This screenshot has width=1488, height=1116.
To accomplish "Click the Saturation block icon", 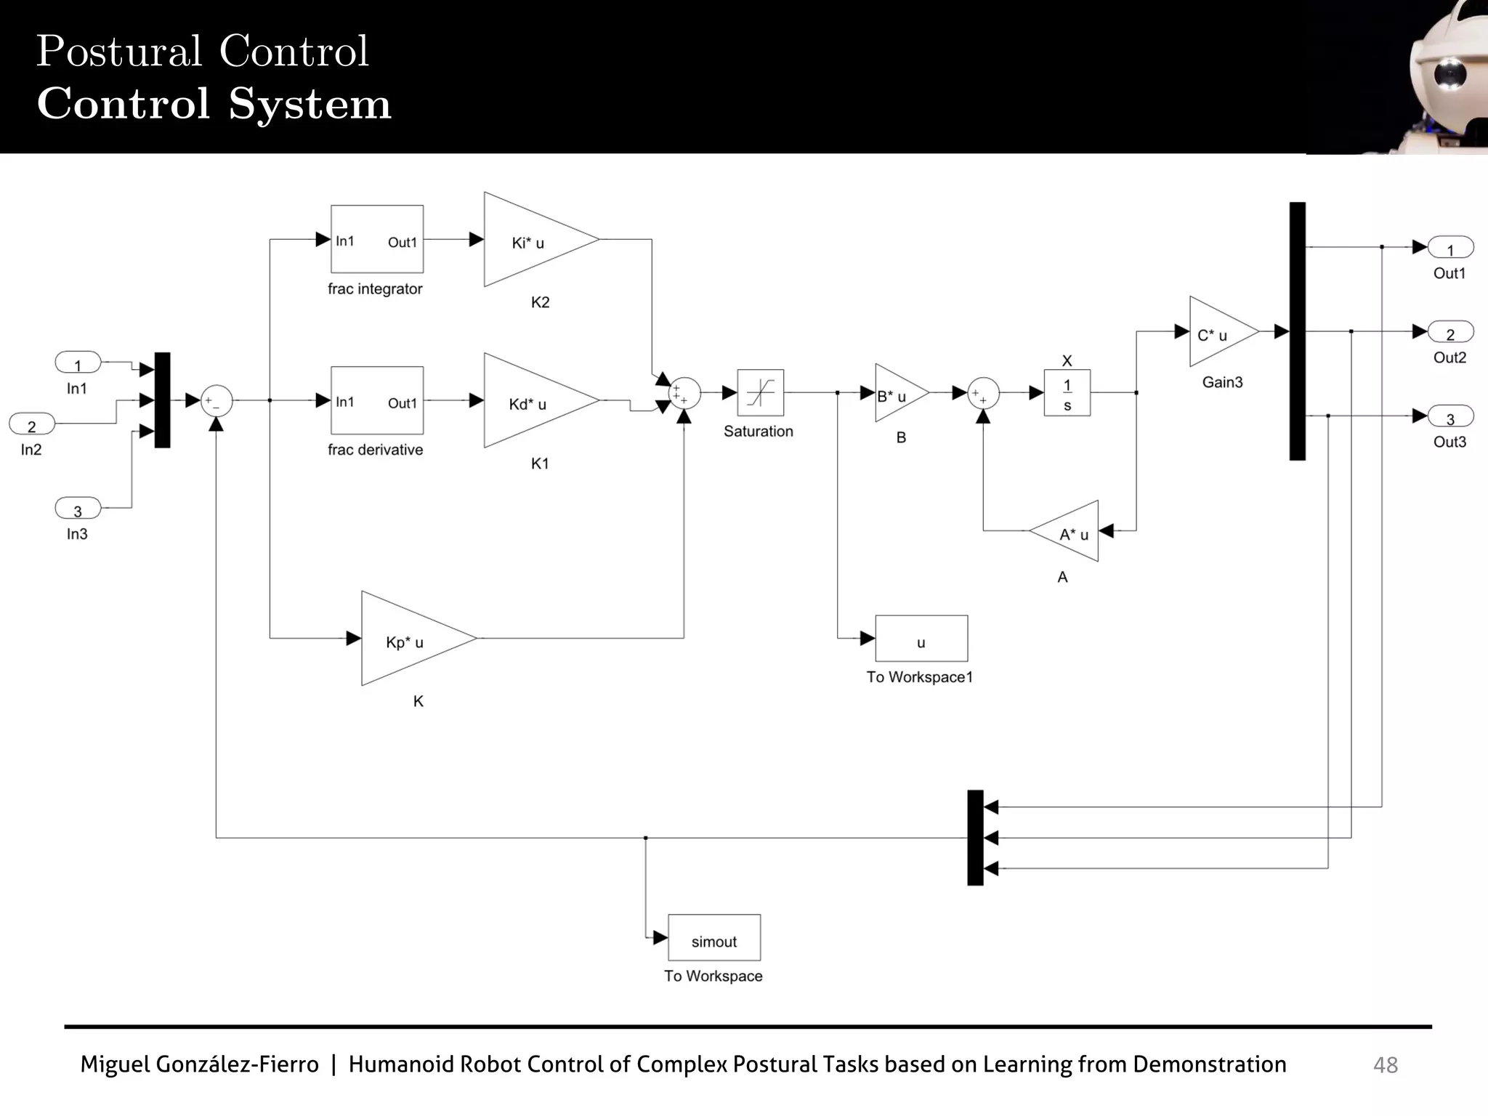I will coord(760,392).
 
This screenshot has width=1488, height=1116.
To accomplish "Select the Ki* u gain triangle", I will coord(534,240).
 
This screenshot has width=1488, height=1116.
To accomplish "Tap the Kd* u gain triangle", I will coord(534,400).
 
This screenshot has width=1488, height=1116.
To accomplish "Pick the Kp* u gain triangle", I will coord(411,639).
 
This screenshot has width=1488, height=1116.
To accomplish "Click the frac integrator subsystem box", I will coord(376,239).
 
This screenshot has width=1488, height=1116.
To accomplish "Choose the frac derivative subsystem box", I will coord(376,400).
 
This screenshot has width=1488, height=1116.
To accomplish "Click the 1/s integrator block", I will coord(1067,393).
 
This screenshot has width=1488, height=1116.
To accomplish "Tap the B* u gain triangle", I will coord(897,393).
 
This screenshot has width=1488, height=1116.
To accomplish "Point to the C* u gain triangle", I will coord(1218,332).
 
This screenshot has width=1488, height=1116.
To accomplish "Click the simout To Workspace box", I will coord(714,938).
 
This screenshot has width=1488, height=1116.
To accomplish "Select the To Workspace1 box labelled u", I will coord(921,639).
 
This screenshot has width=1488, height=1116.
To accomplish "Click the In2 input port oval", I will coord(32,424).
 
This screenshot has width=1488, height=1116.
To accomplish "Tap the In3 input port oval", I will coord(78,508).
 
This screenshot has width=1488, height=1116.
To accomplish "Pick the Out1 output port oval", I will coord(1450,248).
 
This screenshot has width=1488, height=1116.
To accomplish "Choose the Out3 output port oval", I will coord(1450,416).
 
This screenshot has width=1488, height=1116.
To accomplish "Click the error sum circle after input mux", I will coord(216,400).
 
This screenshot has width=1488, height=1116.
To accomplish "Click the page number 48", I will coord(1385,1065).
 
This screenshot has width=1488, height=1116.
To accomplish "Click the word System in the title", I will coord(310,104).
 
